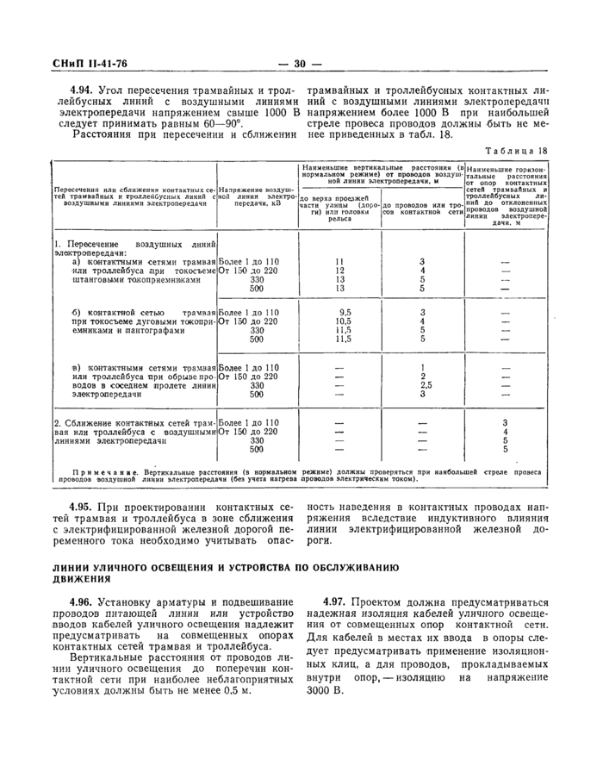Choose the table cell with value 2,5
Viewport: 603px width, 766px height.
(x=423, y=386)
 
